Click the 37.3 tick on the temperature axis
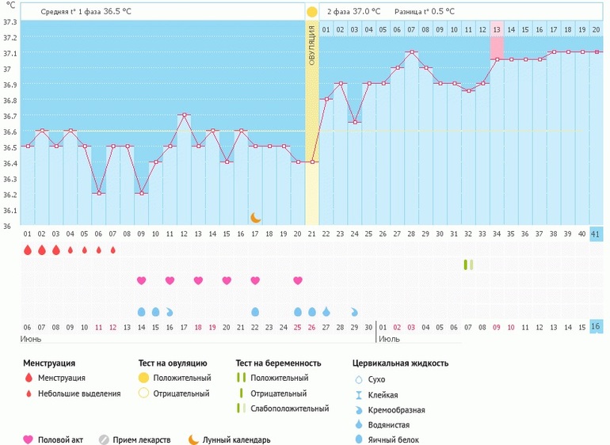pyautogui.click(x=10, y=21)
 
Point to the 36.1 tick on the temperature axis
pyautogui.click(x=10, y=211)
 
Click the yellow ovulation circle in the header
pyautogui.click(x=312, y=12)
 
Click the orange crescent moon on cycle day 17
pyautogui.click(x=255, y=217)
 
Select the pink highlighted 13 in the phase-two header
pyautogui.click(x=497, y=29)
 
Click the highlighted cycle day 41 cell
pyautogui.click(x=596, y=234)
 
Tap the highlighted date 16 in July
pyautogui.click(x=596, y=327)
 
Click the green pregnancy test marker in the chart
pyautogui.click(x=468, y=264)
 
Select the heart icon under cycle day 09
pyautogui.click(x=141, y=280)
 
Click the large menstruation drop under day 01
pyautogui.click(x=28, y=250)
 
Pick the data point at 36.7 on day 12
pyautogui.click(x=184, y=115)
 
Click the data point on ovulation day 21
pyautogui.click(x=312, y=162)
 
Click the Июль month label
pyautogui.click(x=388, y=339)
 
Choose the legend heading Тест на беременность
pyautogui.click(x=278, y=363)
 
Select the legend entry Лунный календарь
pyautogui.click(x=236, y=439)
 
